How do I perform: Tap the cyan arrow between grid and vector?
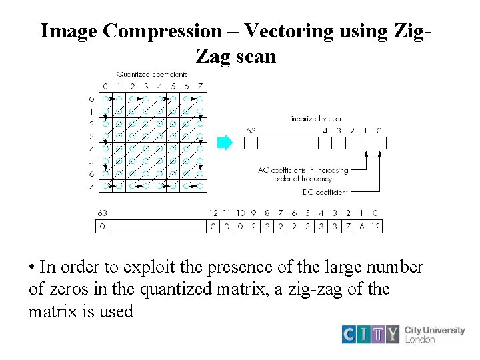click(x=225, y=142)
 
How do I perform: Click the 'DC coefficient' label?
click(x=325, y=192)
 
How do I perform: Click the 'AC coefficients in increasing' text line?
click(x=303, y=170)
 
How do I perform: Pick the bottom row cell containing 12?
click(x=375, y=227)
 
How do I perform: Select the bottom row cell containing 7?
click(x=347, y=227)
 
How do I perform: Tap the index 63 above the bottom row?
click(x=102, y=213)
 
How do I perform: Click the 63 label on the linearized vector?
click(x=251, y=131)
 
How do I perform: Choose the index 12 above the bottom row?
click(x=213, y=213)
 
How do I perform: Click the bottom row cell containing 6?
click(x=361, y=227)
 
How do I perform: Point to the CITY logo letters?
click(x=371, y=333)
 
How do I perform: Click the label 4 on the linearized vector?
click(x=325, y=131)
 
